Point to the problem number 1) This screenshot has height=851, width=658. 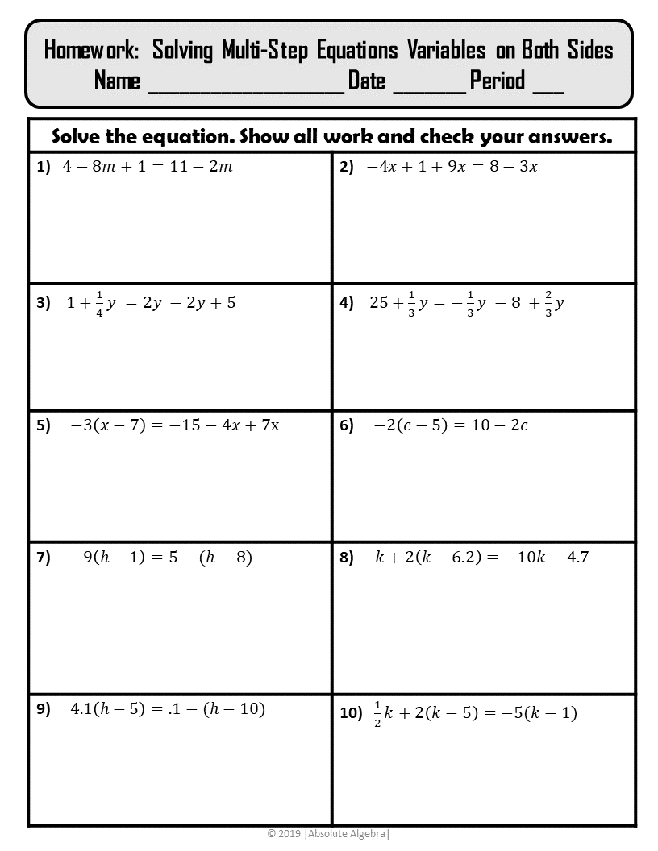(x=43, y=168)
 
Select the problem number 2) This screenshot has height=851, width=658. (x=347, y=168)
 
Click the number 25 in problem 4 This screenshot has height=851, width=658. (x=379, y=303)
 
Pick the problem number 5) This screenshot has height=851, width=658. (x=43, y=426)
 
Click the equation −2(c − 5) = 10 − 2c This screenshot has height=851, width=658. (x=450, y=425)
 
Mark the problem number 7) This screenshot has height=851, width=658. (x=43, y=558)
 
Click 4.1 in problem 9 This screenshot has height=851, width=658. (x=81, y=709)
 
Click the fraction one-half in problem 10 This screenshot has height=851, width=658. (x=377, y=712)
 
